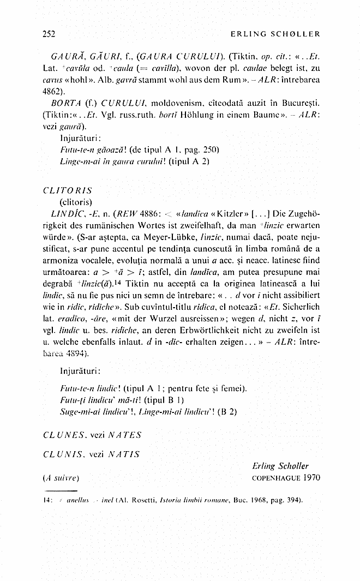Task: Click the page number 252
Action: (x=49, y=33)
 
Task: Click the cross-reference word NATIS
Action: (x=124, y=454)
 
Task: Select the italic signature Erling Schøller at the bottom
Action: (x=280, y=466)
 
